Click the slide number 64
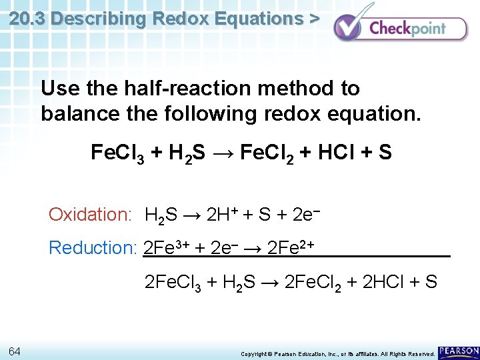[x=15, y=351]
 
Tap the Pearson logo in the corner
[x=458, y=351]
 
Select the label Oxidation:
[x=90, y=215]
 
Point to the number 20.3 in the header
[x=27, y=19]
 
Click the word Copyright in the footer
[x=253, y=353]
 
